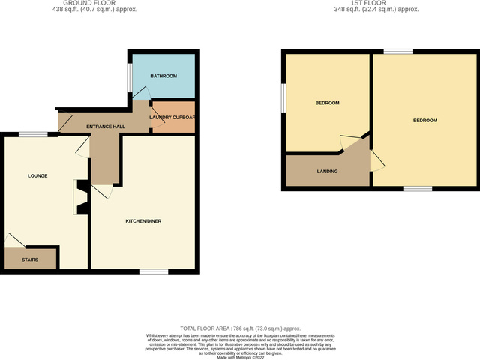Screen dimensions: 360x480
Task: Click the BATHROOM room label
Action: (163, 76)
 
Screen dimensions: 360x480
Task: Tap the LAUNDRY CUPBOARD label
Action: (173, 117)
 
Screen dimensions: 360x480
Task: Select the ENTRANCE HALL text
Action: (106, 127)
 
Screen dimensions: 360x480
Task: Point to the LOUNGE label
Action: (37, 176)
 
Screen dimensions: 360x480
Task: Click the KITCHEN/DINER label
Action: (143, 221)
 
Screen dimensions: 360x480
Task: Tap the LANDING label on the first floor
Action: (327, 172)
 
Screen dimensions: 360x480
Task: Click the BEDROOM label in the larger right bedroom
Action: (424, 120)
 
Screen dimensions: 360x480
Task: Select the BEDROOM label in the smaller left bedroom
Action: (327, 103)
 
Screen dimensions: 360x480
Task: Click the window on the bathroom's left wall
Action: (128, 76)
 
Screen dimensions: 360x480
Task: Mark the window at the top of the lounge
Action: (33, 134)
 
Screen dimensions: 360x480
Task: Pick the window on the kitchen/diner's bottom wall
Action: (154, 271)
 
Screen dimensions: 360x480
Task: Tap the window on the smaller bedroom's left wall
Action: (283, 97)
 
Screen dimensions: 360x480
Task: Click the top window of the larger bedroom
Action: (397, 52)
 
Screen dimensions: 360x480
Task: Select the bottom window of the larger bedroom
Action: (418, 188)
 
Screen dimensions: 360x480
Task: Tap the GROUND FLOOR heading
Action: (100, 3)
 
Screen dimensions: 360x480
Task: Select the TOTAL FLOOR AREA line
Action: (240, 328)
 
